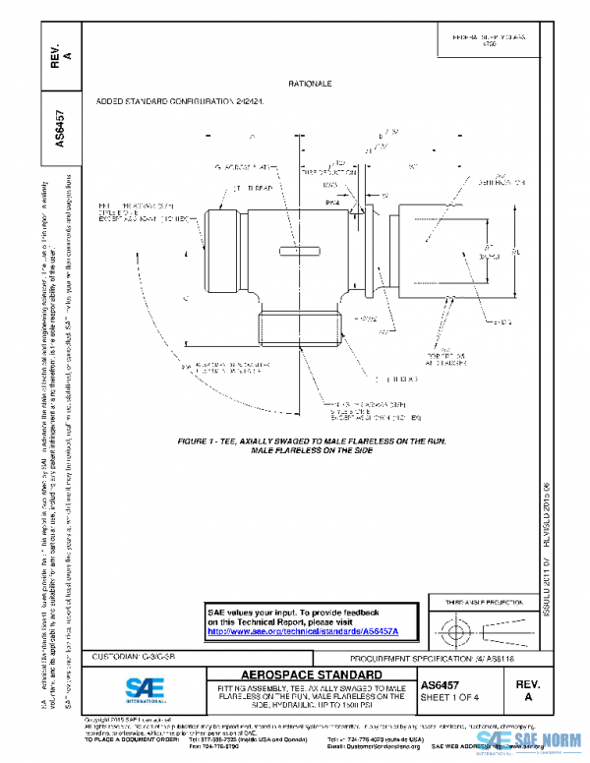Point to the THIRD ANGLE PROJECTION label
(482, 600)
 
